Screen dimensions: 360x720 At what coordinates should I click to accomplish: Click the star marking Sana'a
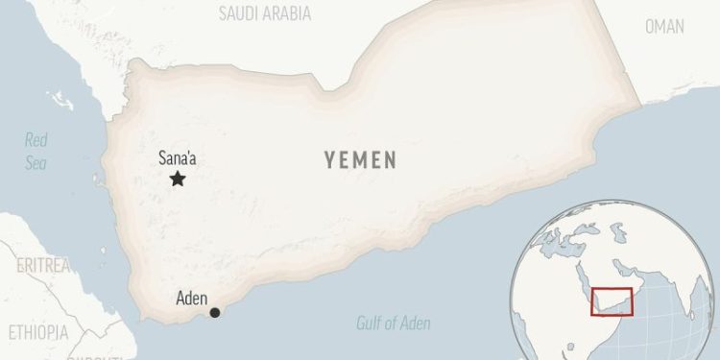pos(177,180)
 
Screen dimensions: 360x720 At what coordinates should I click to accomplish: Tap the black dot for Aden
pos(215,312)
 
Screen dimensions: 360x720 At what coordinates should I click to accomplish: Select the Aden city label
pos(192,298)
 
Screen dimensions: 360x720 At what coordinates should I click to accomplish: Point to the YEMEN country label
pos(359,159)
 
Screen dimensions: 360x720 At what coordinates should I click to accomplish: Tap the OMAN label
pos(664,26)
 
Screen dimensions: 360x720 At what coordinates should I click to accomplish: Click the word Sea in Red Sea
pos(36,162)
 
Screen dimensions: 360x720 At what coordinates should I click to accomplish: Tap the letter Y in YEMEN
pos(329,159)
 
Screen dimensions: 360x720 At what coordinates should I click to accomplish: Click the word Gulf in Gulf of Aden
pos(371,324)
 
